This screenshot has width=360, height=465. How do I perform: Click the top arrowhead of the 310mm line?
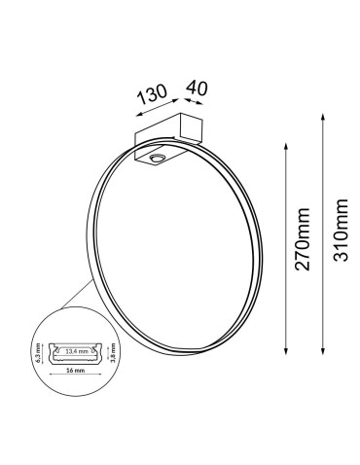coord(320,114)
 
